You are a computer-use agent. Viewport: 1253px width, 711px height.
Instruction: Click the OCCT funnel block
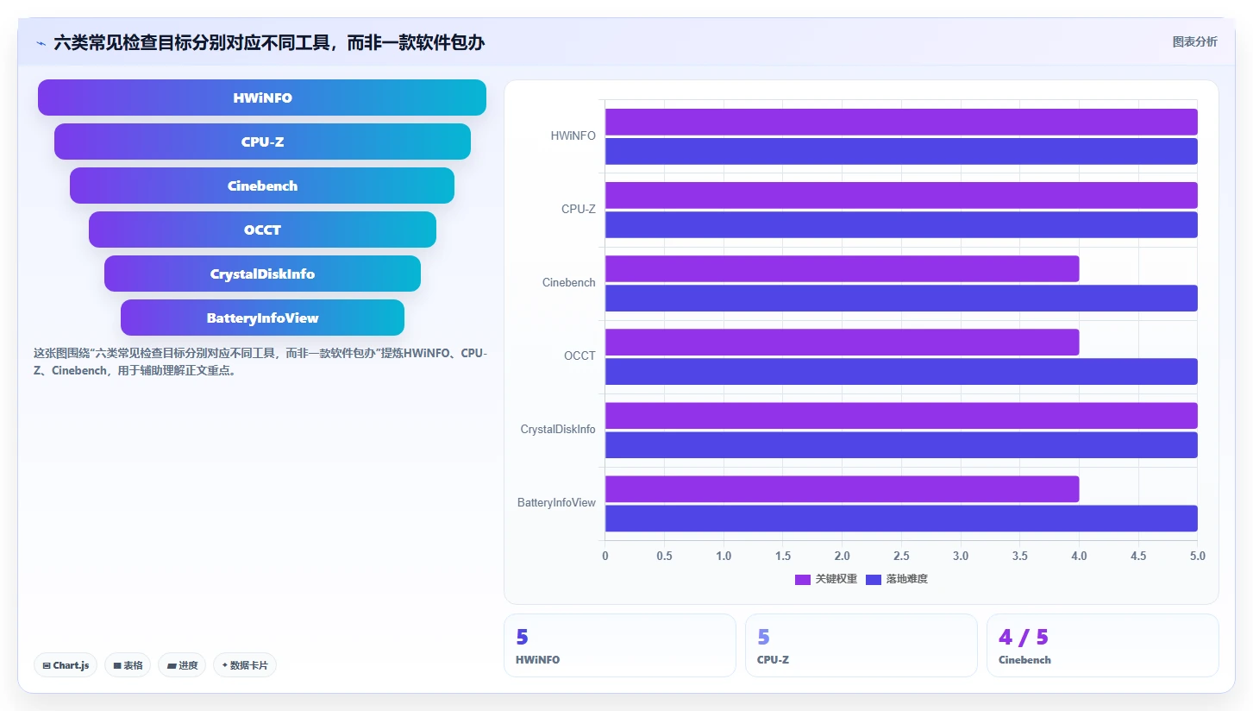tap(262, 230)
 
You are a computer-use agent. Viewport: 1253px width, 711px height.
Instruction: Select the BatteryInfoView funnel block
tap(262, 318)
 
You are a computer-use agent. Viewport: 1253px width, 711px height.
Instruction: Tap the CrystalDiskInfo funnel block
tap(262, 274)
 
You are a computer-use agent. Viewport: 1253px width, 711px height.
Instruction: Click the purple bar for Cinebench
tap(842, 268)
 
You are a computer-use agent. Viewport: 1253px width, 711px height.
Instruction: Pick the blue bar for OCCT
tap(901, 372)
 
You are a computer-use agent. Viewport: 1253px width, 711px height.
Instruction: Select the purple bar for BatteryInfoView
tap(842, 489)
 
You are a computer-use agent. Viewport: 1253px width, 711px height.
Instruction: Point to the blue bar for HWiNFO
tap(901, 151)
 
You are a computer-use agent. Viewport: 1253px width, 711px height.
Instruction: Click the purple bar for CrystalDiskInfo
tap(901, 415)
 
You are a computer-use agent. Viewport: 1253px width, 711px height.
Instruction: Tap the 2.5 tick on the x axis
tap(901, 556)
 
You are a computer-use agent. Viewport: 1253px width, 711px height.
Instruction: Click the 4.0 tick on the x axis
tap(1079, 556)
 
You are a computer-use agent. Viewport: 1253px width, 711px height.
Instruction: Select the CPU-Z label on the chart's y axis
tap(579, 210)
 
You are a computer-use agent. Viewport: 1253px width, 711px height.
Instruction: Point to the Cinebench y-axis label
tap(568, 283)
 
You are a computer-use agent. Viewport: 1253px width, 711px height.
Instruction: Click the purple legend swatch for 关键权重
tap(803, 580)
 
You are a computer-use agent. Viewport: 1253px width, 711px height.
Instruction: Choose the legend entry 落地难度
tap(897, 580)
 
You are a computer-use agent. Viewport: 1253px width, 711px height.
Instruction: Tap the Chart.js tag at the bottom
tap(66, 665)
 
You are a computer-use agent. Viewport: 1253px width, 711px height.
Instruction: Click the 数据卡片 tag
tap(245, 665)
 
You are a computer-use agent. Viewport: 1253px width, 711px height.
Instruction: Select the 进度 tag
tap(182, 665)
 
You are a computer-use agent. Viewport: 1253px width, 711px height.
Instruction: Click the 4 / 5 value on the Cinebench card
tap(1023, 637)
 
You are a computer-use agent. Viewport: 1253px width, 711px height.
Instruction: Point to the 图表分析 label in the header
tap(1195, 42)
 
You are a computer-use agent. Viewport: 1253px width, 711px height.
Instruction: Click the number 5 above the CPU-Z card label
tap(763, 637)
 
